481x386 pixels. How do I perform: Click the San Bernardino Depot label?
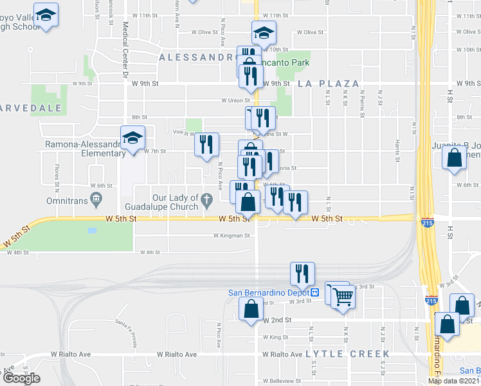(x=269, y=293)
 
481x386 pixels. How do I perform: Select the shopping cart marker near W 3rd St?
(x=344, y=297)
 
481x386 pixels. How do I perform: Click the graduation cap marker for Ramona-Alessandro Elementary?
(x=133, y=138)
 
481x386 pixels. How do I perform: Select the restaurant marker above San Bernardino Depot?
(x=300, y=273)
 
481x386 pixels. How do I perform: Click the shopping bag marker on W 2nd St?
(x=250, y=311)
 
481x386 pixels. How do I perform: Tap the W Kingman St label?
(x=231, y=235)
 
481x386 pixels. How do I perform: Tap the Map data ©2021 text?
(x=453, y=381)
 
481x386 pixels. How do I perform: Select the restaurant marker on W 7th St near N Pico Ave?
(x=206, y=145)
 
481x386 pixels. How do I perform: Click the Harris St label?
(x=398, y=152)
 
